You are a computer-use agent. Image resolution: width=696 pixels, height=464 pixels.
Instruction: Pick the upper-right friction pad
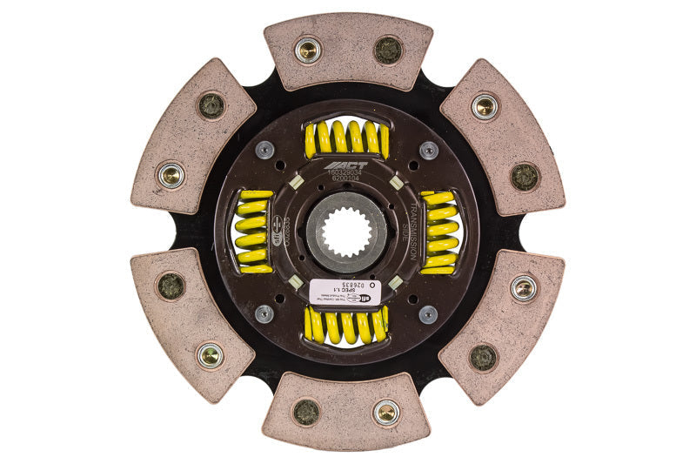[504, 135]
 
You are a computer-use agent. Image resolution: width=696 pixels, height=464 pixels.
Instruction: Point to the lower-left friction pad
[191, 326]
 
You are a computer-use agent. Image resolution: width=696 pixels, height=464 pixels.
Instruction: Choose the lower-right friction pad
[503, 326]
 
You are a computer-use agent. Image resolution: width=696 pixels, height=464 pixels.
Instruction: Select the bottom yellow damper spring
[346, 326]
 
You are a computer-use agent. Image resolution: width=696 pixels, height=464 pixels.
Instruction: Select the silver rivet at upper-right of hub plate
[428, 150]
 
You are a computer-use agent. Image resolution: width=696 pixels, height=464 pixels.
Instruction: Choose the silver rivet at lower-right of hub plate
[428, 313]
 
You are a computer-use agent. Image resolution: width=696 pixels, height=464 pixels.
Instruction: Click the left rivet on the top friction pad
[308, 50]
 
